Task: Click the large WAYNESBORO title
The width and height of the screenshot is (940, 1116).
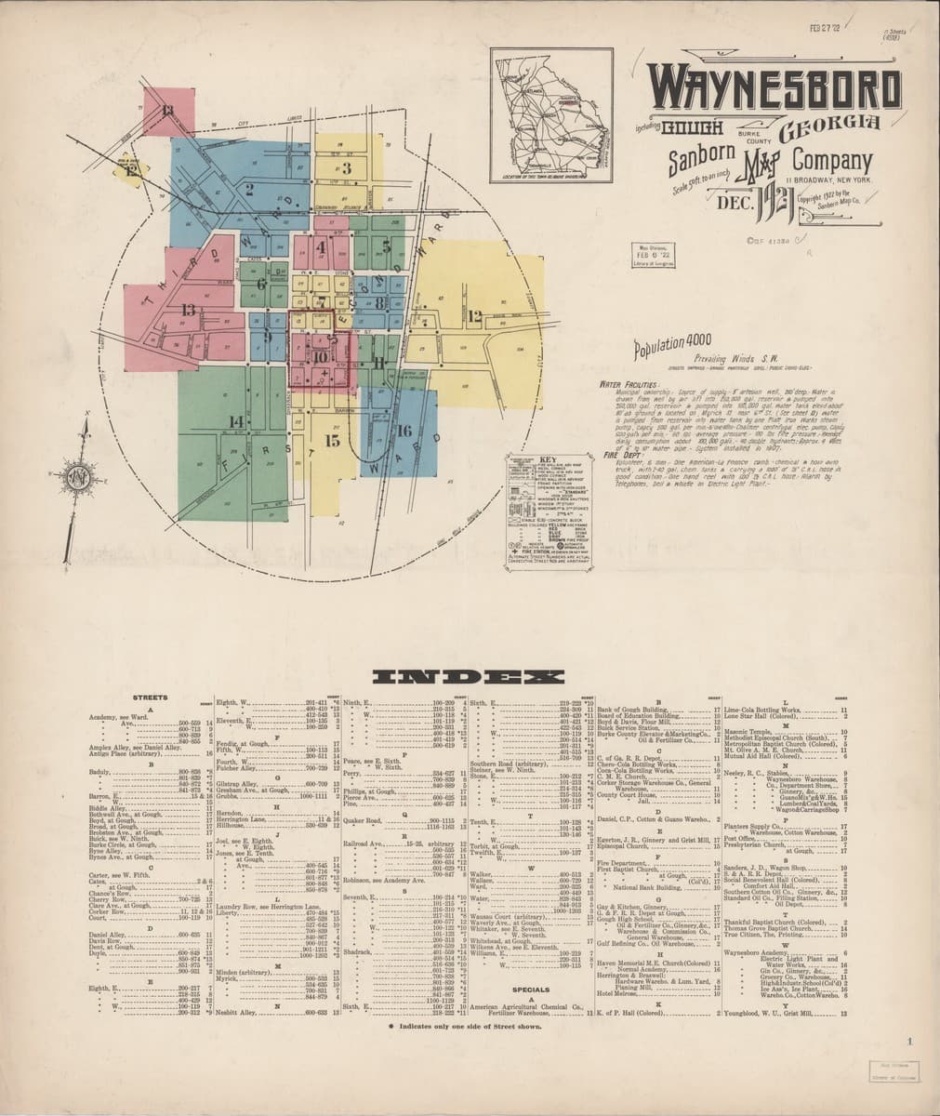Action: coord(775,88)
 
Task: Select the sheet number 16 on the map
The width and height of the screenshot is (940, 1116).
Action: coord(404,431)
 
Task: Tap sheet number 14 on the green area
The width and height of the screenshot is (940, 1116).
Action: coord(236,421)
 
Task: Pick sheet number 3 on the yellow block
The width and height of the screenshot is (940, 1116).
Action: coord(345,168)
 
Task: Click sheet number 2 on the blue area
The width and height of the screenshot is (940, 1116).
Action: coord(249,189)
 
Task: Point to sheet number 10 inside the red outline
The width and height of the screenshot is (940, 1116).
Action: coord(320,355)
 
